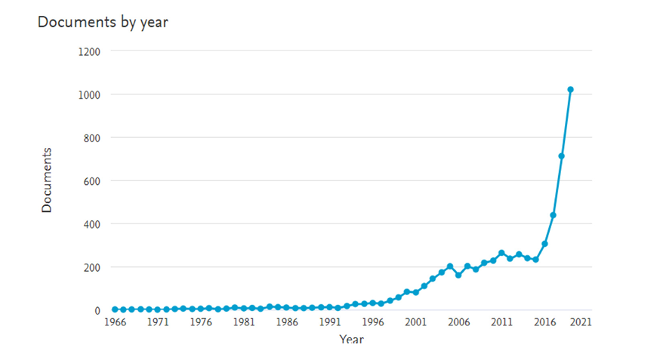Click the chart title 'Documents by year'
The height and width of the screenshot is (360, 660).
[103, 23]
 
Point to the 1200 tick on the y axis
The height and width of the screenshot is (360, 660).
[89, 52]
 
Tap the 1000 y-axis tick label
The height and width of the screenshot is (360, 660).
[89, 95]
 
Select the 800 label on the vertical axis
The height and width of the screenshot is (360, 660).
[92, 138]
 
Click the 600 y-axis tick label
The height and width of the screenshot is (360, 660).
[92, 182]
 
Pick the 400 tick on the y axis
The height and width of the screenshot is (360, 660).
[92, 225]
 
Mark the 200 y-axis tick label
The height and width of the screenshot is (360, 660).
[92, 268]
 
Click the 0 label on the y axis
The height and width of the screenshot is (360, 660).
[97, 311]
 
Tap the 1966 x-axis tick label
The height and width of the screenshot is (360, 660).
[115, 322]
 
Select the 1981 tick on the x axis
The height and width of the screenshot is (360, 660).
[244, 322]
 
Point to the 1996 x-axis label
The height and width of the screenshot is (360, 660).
[373, 322]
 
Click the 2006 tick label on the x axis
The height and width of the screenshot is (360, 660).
[459, 322]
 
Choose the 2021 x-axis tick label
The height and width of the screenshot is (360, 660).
[581, 322]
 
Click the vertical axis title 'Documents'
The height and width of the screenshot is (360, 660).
[46, 180]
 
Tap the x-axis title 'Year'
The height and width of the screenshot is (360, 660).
[351, 339]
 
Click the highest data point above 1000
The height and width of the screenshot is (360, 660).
[570, 90]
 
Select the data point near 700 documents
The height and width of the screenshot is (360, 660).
[562, 156]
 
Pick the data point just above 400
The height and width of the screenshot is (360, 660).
[553, 215]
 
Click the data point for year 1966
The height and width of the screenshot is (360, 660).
[115, 309]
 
